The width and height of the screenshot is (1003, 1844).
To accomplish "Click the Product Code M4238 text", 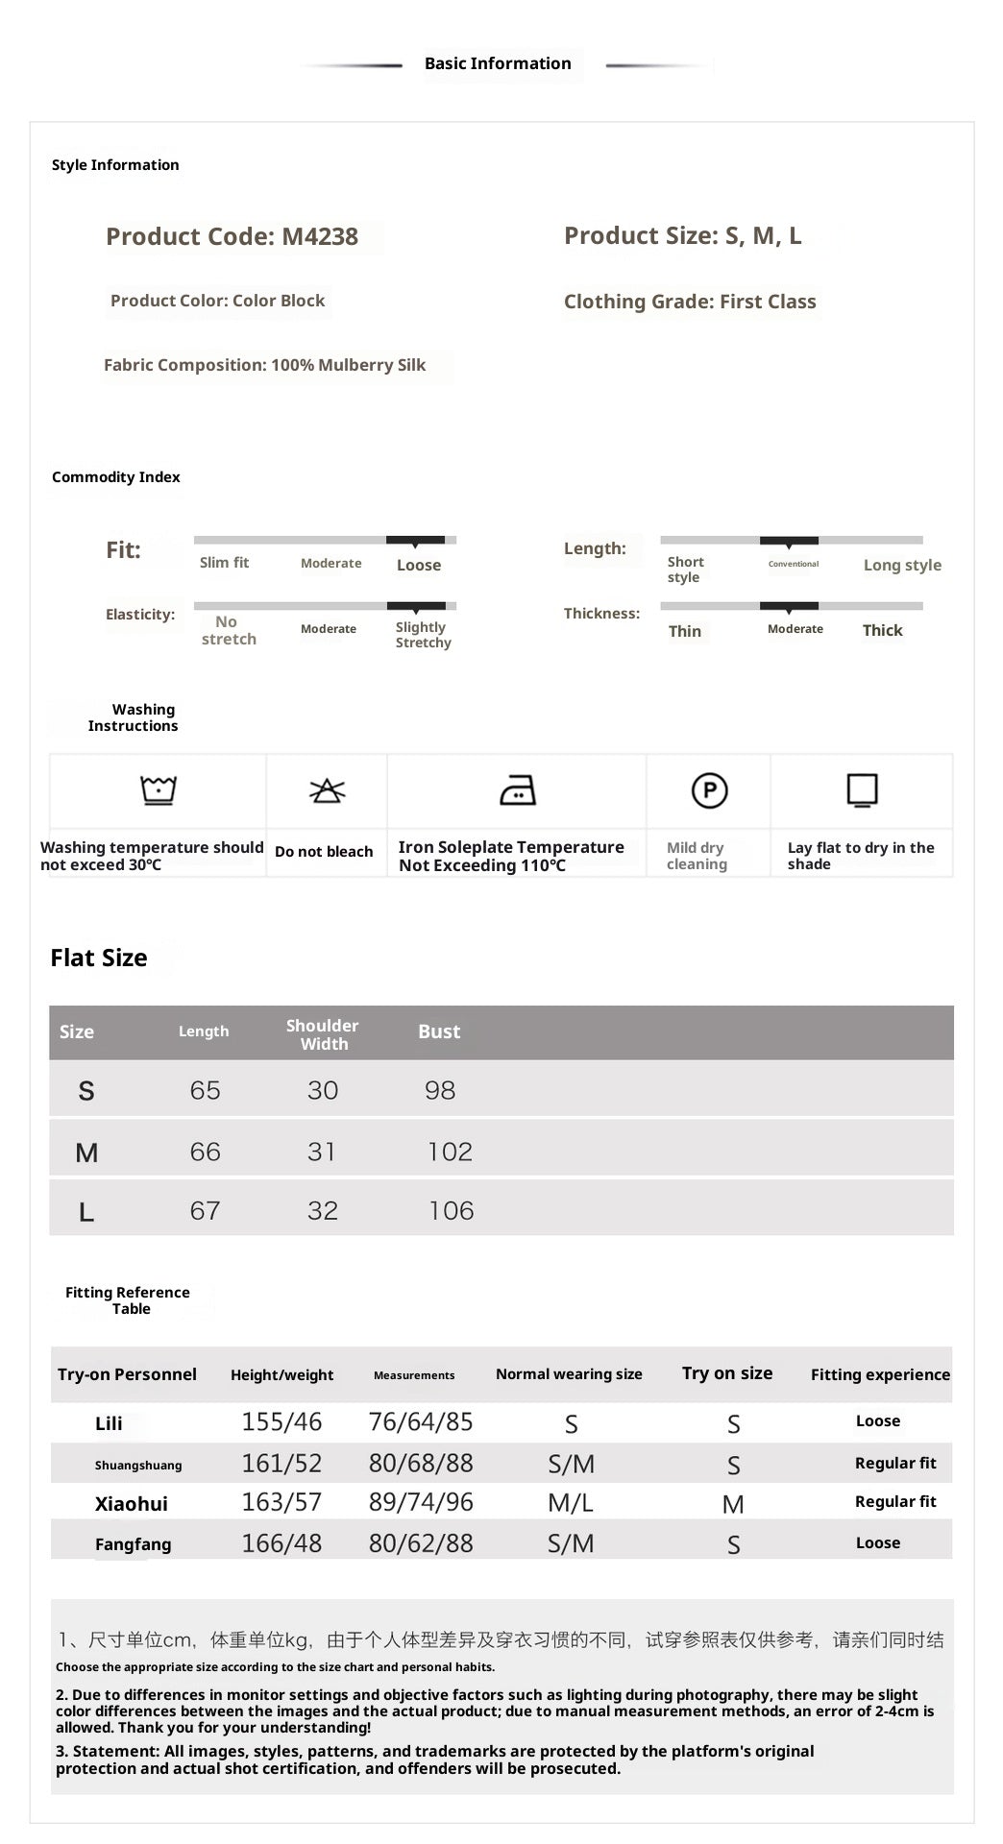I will click(x=232, y=236).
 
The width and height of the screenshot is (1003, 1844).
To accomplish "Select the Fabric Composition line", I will click(x=264, y=365).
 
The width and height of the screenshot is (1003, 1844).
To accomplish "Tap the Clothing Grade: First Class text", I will click(x=690, y=302).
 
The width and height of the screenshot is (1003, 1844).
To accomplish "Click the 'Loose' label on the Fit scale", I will click(x=419, y=566).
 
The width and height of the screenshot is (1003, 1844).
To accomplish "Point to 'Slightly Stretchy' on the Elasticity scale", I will click(x=423, y=635).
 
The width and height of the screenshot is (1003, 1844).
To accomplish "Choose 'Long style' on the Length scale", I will click(x=902, y=565).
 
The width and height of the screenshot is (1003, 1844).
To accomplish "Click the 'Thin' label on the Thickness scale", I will click(x=685, y=631).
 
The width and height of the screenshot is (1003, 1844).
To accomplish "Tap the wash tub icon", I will click(x=159, y=790).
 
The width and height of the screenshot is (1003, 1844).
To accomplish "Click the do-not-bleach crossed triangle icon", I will click(x=327, y=790).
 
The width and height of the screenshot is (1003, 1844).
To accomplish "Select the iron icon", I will click(x=518, y=790).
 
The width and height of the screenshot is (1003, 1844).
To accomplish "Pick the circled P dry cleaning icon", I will click(x=710, y=790).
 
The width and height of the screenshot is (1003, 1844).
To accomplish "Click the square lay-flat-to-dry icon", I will click(x=862, y=790).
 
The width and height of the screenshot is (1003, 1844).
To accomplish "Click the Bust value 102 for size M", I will click(x=450, y=1152).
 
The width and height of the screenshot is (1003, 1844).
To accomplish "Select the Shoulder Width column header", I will click(x=323, y=1034).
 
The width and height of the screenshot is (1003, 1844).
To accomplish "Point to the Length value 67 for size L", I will click(x=205, y=1210).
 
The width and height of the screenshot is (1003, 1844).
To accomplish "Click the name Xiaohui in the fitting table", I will click(x=132, y=1504).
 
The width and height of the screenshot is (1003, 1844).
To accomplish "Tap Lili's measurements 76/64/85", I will click(x=421, y=1422).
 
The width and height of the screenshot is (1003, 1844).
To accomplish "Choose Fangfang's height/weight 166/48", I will click(x=281, y=1543).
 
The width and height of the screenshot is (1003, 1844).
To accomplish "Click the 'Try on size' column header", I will click(x=727, y=1373).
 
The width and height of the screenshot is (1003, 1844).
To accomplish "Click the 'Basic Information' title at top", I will click(x=498, y=63).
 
